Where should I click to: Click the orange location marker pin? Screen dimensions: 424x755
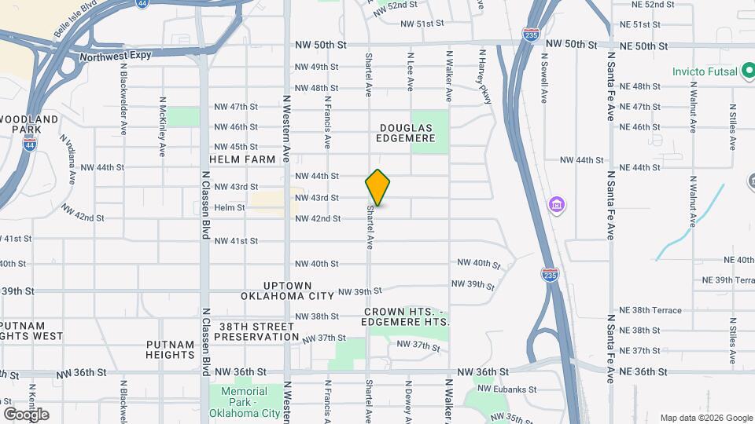pyautogui.click(x=377, y=187)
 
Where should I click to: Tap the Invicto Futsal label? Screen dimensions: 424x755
pyautogui.click(x=705, y=71)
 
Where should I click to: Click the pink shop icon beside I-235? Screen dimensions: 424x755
pyautogui.click(x=556, y=206)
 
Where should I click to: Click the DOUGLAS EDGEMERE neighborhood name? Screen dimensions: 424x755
pyautogui.click(x=407, y=133)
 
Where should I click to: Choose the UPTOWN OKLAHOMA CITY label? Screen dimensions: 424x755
pyautogui.click(x=287, y=291)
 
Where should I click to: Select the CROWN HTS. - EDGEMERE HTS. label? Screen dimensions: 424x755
pyautogui.click(x=407, y=316)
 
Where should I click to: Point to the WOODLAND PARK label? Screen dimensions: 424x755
pyautogui.click(x=29, y=123)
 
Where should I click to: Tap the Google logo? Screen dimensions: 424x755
pyautogui.click(x=25, y=415)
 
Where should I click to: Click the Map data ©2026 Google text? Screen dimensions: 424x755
pyautogui.click(x=705, y=418)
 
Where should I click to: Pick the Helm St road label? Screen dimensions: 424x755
pyautogui.click(x=230, y=207)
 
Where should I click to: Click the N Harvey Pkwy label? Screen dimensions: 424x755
pyautogui.click(x=481, y=76)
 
